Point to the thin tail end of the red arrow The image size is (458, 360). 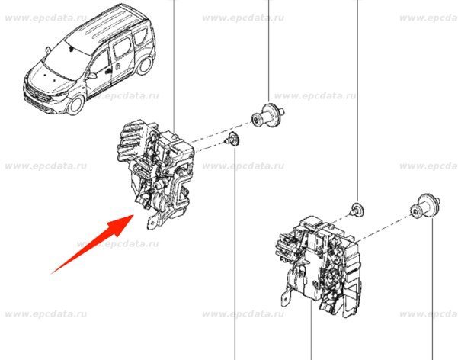52,274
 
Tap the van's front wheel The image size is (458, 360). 75,104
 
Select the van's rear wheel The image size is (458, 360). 144,65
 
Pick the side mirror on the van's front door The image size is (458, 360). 91,75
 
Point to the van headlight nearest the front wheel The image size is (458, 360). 61,94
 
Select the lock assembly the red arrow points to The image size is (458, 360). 155,173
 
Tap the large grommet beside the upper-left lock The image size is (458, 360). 267,114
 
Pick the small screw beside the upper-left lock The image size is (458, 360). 232,139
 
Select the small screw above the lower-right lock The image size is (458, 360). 357,209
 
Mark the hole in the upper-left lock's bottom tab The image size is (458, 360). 152,223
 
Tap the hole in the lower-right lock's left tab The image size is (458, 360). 285,298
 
